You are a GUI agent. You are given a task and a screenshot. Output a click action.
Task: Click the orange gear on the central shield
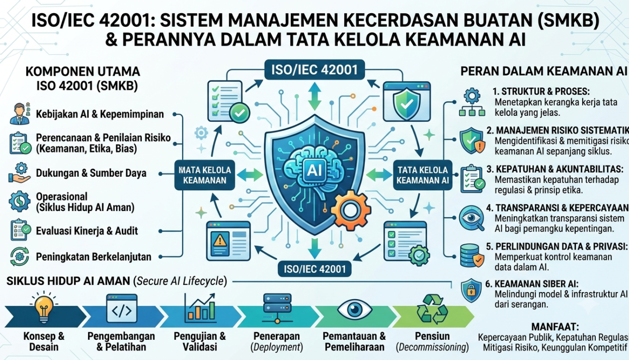[351, 210]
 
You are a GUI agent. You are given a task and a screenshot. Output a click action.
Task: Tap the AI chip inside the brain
[314, 170]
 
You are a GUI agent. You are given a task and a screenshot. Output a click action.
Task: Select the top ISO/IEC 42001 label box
[314, 69]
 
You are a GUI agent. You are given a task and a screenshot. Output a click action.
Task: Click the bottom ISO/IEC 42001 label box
[314, 269]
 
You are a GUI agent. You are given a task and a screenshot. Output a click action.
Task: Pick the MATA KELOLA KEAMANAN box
[205, 175]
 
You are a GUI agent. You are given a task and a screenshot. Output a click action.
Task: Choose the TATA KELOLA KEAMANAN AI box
[423, 175]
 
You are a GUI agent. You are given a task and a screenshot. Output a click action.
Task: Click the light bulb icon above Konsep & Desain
[44, 307]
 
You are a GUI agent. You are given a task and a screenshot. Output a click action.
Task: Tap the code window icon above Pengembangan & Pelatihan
[122, 308]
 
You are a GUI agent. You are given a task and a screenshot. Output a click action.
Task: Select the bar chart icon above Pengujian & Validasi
[200, 308]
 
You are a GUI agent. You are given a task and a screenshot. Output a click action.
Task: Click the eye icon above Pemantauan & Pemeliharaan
[355, 310]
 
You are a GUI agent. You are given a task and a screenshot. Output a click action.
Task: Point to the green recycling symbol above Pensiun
[432, 309]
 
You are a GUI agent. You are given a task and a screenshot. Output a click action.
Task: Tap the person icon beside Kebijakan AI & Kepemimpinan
[20, 113]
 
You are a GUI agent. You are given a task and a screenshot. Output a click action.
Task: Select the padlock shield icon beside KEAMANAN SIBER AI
[471, 291]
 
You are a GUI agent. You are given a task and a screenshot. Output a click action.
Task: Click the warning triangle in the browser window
[219, 241]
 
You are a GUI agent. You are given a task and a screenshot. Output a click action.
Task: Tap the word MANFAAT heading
[555, 327]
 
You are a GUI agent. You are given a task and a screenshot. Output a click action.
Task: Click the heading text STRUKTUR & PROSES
[541, 91]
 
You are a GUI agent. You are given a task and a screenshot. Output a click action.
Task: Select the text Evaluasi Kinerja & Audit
[87, 231]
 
